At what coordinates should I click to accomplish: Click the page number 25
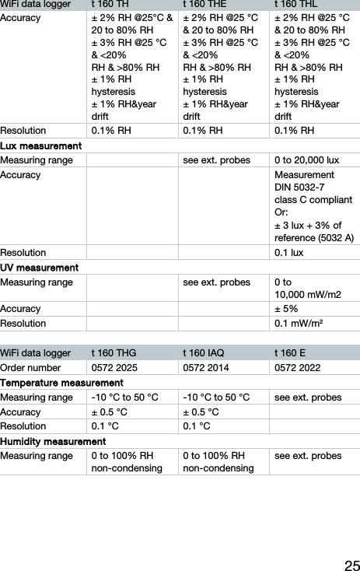point(351,563)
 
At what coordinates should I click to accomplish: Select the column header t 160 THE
point(204,4)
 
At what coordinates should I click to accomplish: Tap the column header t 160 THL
point(296,4)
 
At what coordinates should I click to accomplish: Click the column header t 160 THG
point(114,352)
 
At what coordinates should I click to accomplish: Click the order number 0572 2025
point(115,368)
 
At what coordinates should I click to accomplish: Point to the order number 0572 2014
point(206,368)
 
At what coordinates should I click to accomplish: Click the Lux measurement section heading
point(42,146)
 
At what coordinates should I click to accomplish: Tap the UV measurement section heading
point(40,268)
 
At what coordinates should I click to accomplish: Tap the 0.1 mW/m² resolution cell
point(299,323)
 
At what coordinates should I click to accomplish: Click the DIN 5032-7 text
point(299,187)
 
